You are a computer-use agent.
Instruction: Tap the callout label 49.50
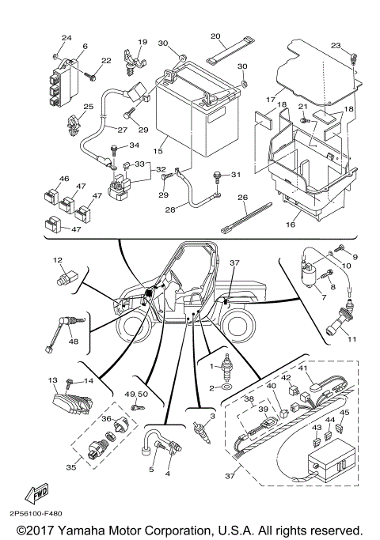click(x=137, y=393)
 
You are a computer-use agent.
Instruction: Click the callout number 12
click(x=57, y=260)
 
